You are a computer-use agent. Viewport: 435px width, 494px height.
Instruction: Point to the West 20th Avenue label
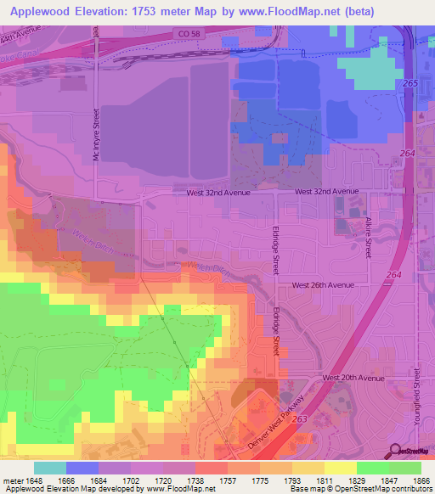pos(353,377)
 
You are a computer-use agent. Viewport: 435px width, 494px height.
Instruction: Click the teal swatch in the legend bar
pos(49,468)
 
